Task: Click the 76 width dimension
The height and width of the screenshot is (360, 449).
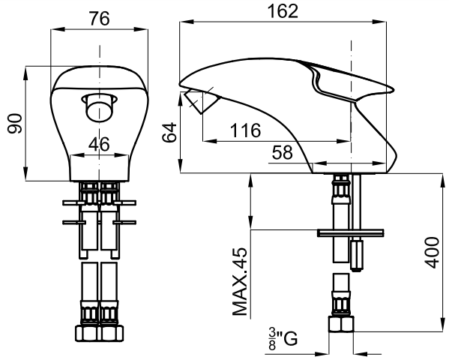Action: (99, 19)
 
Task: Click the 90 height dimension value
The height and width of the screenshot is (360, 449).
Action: (15, 124)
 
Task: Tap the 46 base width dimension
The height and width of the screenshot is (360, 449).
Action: (99, 144)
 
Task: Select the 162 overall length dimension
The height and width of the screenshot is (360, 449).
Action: (283, 11)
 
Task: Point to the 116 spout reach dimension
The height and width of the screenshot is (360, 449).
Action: (246, 130)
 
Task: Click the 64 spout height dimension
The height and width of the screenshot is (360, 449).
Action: (169, 132)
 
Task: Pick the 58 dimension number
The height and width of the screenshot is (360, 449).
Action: (283, 152)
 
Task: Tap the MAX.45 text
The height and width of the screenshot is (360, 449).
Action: (240, 281)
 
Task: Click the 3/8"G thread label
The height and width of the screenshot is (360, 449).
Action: (283, 339)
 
